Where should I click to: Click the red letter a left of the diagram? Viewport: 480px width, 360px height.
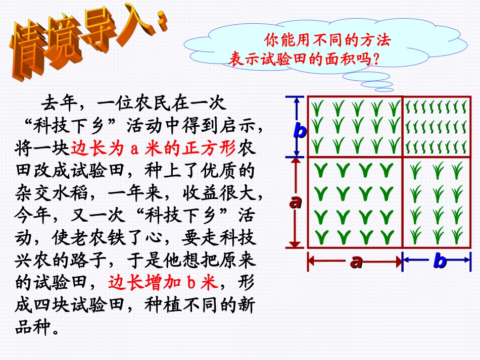[295, 202]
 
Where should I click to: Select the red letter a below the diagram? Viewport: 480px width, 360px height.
[356, 261]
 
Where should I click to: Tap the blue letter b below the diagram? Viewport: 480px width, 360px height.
[440, 261]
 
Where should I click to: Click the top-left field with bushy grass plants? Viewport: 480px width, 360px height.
[355, 126]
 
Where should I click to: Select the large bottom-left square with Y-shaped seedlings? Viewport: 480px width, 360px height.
[355, 201]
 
